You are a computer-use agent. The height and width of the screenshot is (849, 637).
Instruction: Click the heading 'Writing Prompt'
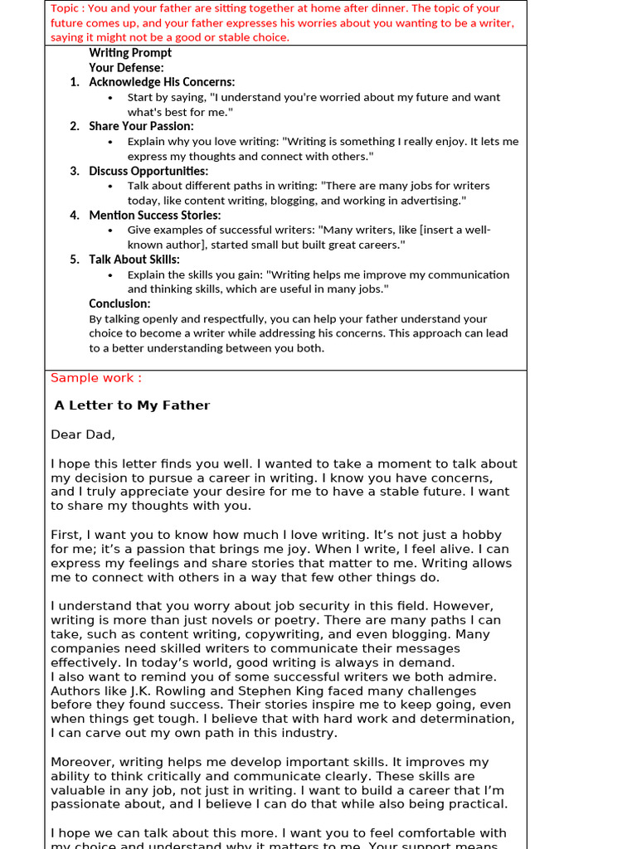click(x=130, y=53)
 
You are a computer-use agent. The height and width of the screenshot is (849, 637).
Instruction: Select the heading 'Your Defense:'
click(x=126, y=67)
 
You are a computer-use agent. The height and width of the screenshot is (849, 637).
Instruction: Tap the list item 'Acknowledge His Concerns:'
click(x=162, y=82)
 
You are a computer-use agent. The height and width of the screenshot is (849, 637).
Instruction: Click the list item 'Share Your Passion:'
click(x=141, y=126)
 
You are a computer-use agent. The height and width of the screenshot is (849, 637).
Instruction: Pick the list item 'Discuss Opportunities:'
click(x=148, y=171)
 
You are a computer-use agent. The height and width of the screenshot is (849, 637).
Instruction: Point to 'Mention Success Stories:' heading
click(x=154, y=216)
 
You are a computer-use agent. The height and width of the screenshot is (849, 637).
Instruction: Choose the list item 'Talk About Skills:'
click(x=134, y=260)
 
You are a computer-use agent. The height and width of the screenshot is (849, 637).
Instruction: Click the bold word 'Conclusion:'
click(x=119, y=303)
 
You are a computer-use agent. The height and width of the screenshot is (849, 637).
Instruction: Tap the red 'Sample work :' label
click(x=96, y=378)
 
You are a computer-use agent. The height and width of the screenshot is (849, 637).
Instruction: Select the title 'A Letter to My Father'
click(x=132, y=405)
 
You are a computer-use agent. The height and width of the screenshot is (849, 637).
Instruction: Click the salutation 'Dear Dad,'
click(x=83, y=434)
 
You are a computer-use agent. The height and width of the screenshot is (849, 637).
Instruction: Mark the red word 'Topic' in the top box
click(x=66, y=8)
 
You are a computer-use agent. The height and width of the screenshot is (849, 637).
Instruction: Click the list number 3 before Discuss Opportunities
click(x=75, y=171)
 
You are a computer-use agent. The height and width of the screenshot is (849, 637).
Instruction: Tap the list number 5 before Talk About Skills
click(x=75, y=260)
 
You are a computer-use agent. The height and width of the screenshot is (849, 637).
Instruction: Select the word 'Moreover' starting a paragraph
click(x=81, y=762)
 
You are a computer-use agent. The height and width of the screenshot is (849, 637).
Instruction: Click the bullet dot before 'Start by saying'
click(x=111, y=98)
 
